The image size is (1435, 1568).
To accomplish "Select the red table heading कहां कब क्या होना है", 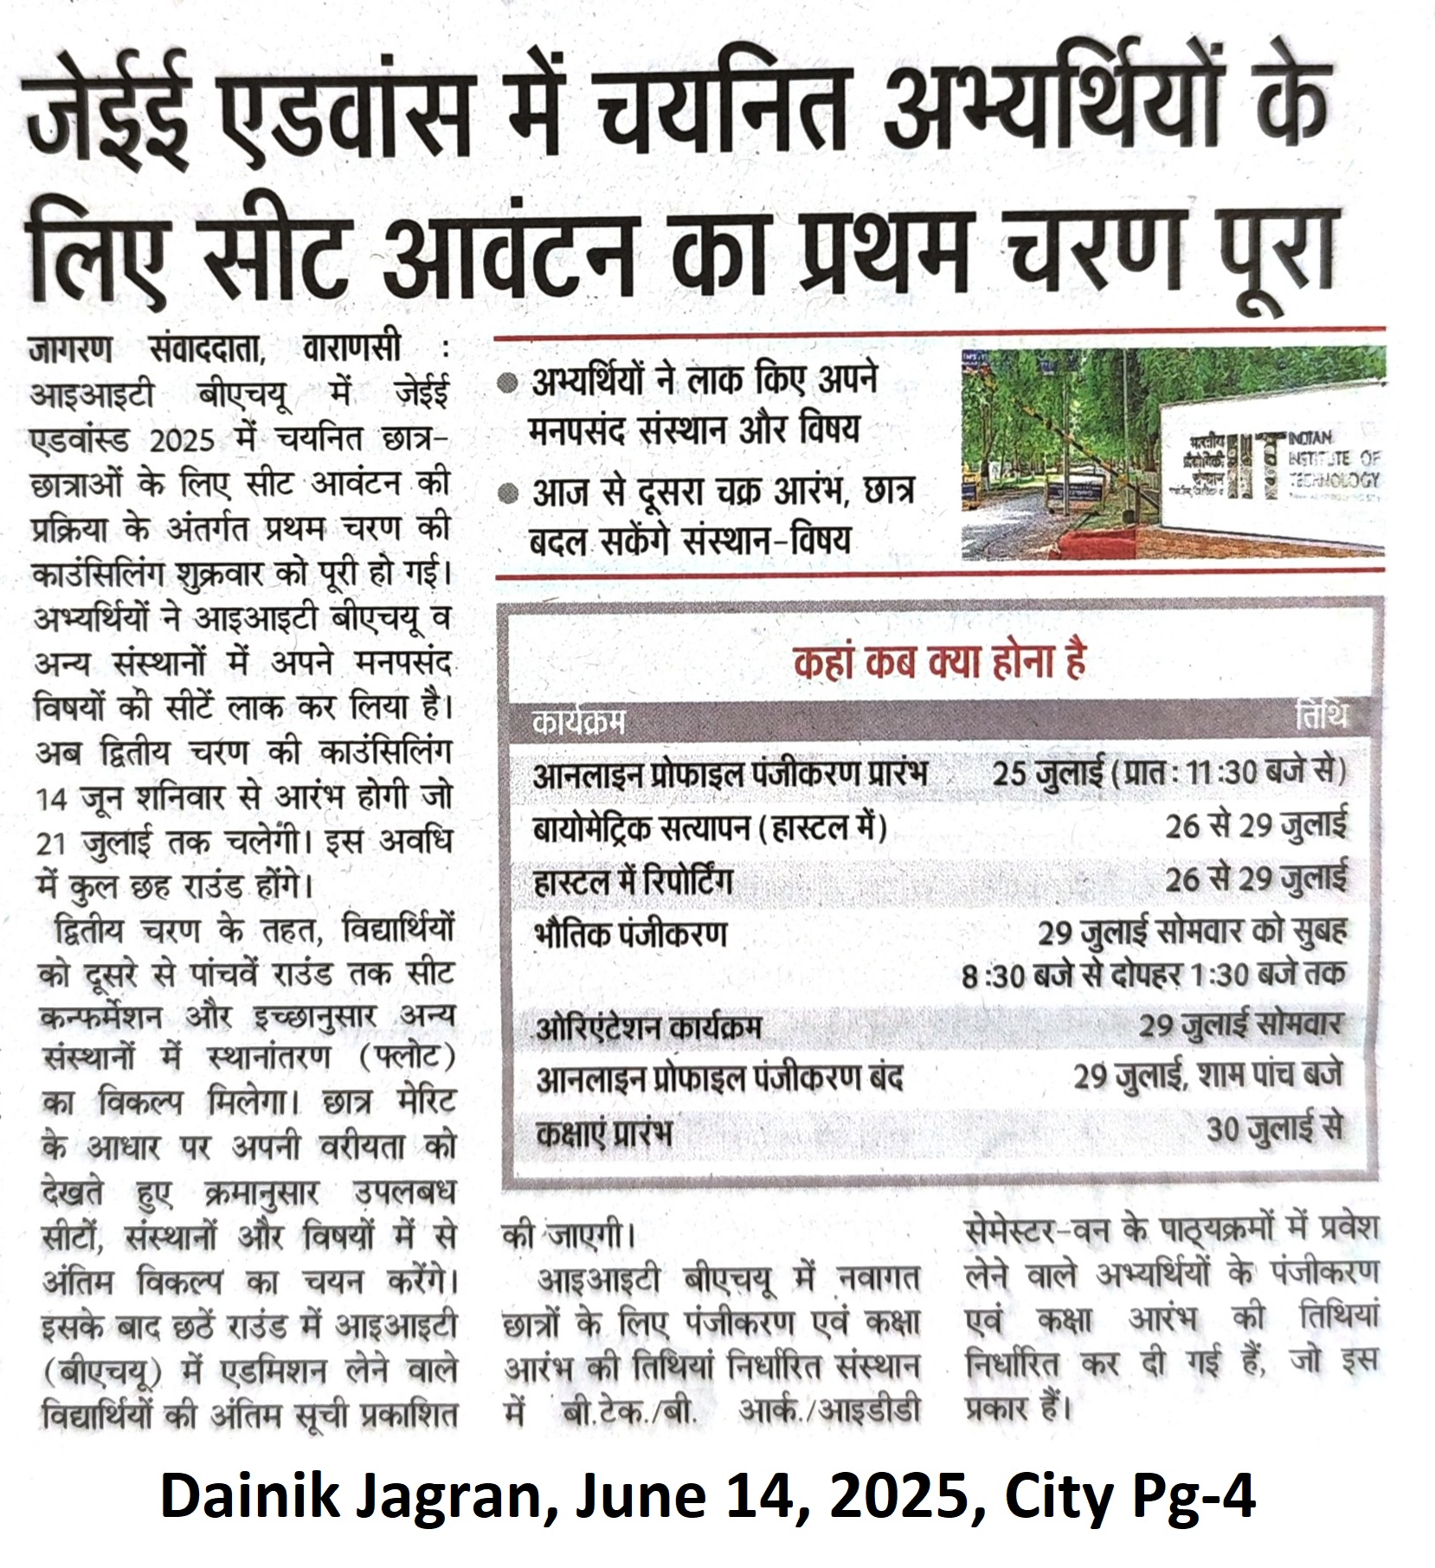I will pyautogui.click(x=938, y=663).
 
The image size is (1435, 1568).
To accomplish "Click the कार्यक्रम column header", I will pyautogui.click(x=579, y=721).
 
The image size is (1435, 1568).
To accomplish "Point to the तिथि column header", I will pyautogui.click(x=1322, y=717).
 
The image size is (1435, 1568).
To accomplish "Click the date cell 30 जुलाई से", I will pyautogui.click(x=1275, y=1128).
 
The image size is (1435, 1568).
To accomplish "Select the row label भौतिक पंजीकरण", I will pyautogui.click(x=631, y=935).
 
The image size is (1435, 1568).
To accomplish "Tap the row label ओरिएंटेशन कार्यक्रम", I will pyautogui.click(x=648, y=1028).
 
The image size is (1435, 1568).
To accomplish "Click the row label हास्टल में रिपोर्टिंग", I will pyautogui.click(x=633, y=881).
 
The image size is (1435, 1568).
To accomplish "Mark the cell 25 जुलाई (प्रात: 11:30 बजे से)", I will pyautogui.click(x=1169, y=772).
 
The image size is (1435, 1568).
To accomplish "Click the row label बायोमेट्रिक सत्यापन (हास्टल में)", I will pyautogui.click(x=710, y=828).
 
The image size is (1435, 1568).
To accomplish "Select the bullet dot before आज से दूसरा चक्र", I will pyautogui.click(x=509, y=494).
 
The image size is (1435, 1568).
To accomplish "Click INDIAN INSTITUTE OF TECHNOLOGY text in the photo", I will pyautogui.click(x=1334, y=459).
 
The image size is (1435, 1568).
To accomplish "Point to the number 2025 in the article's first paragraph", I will pyautogui.click(x=182, y=440).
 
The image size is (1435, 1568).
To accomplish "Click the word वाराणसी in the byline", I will pyautogui.click(x=351, y=350).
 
